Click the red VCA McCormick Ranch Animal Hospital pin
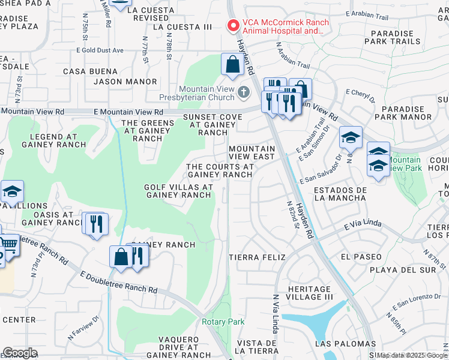coord(232,26)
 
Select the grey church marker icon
coord(243,92)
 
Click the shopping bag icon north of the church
coord(232,65)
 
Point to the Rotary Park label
coord(223,322)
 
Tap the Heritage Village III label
coord(309,293)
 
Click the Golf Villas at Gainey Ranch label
coord(178,191)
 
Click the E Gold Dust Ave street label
coord(100,50)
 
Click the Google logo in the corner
coord(20,353)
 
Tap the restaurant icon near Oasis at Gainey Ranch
coord(95,224)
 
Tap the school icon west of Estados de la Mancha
coord(351,139)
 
